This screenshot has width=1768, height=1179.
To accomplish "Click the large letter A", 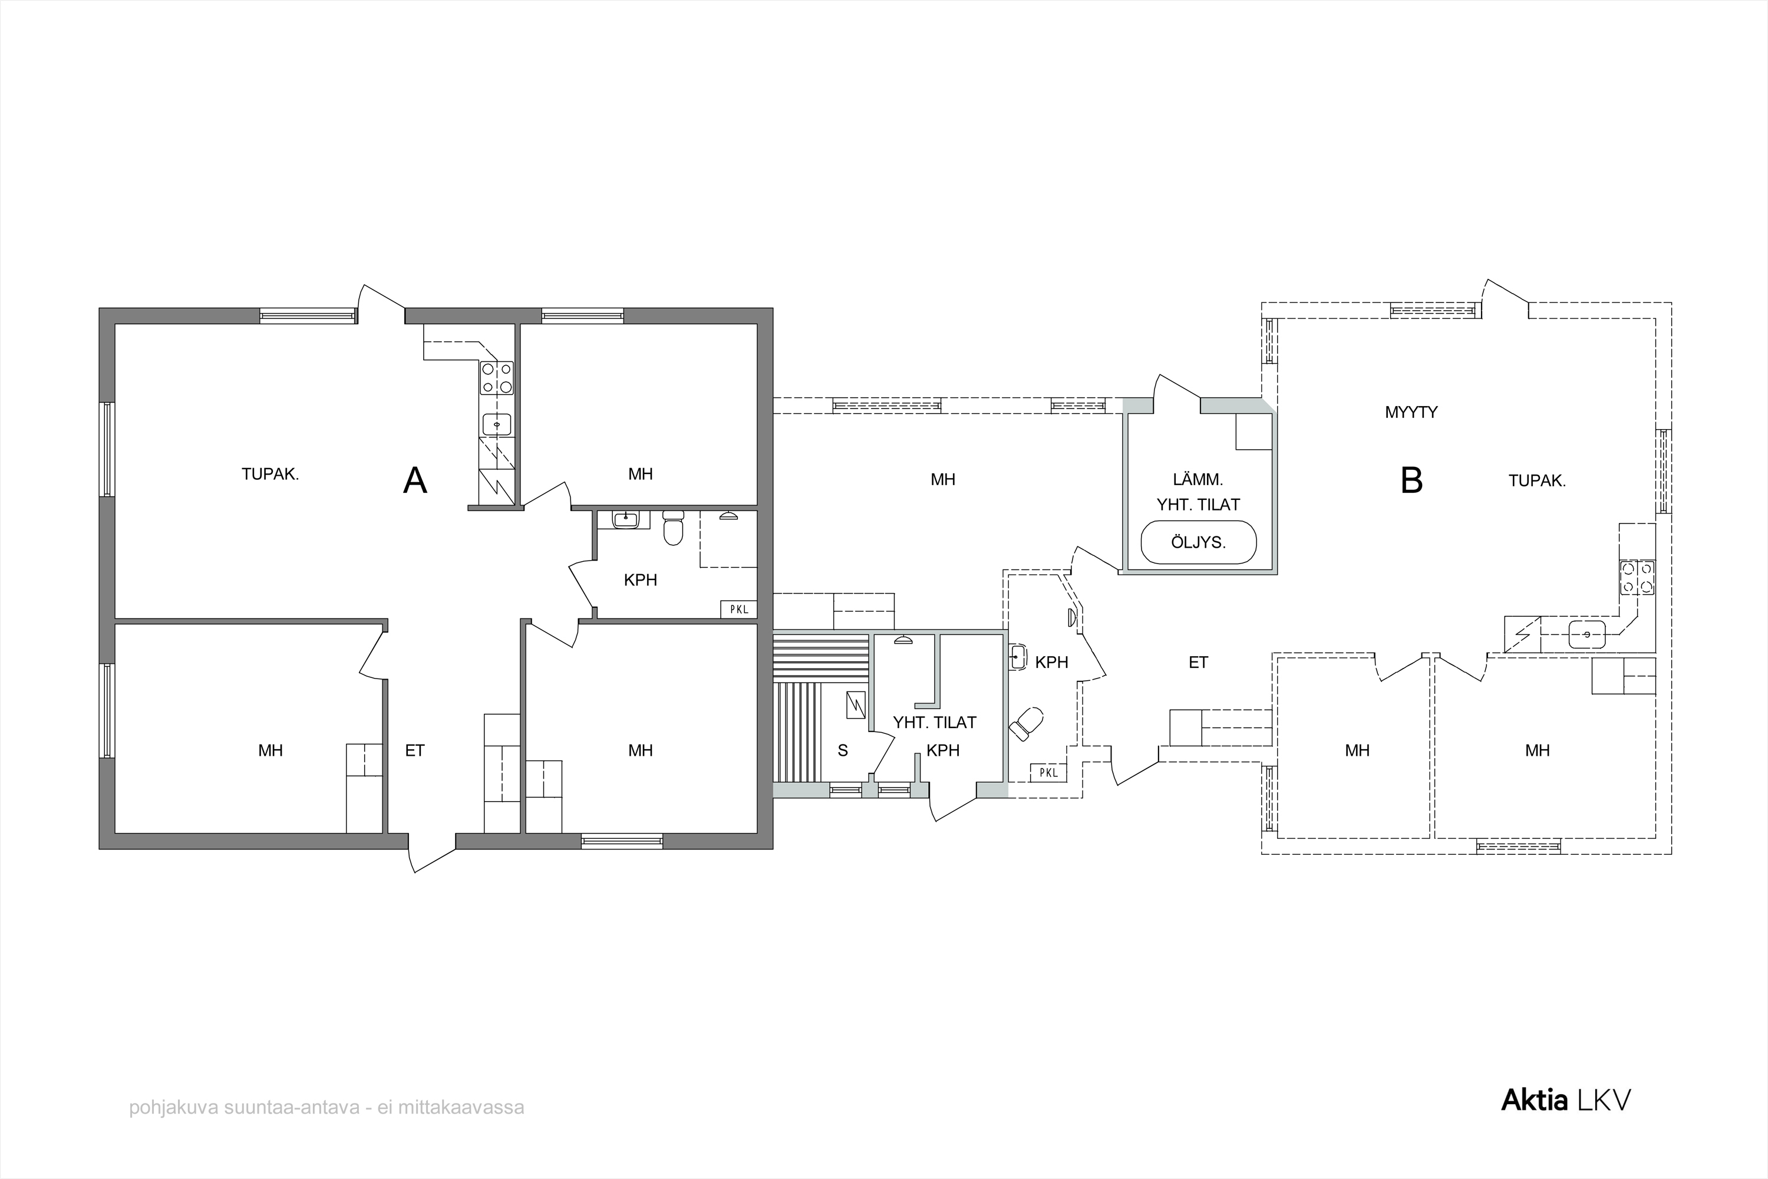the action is coord(415,480).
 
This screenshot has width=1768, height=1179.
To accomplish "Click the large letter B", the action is coord(1411,480).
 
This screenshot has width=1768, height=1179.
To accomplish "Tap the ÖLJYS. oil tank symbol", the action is coord(1198,542).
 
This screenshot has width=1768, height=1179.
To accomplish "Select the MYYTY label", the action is coord(1411,412).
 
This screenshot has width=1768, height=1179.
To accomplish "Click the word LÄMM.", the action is coord(1198,479).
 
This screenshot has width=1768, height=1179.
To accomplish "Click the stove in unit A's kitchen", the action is coord(497,377).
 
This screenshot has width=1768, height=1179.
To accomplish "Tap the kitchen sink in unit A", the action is coord(497,424).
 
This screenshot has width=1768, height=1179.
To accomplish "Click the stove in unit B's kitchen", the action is coord(1637,578).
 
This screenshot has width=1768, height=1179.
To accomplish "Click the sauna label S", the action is coord(843,750).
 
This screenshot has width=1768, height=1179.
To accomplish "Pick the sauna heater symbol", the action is coord(856,704).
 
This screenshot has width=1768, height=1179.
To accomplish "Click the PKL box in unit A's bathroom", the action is coord(739,609).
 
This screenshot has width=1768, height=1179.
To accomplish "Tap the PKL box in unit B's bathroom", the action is coord(1048,772).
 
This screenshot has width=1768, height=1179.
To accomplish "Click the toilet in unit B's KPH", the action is coord(1026,724).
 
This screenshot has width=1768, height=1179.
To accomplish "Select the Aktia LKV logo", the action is coord(1566,1100).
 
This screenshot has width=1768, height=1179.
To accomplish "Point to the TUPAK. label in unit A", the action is coord(270,475).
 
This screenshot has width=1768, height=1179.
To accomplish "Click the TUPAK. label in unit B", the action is coord(1537,480).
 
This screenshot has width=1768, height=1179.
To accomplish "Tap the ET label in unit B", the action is coord(1198,663).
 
